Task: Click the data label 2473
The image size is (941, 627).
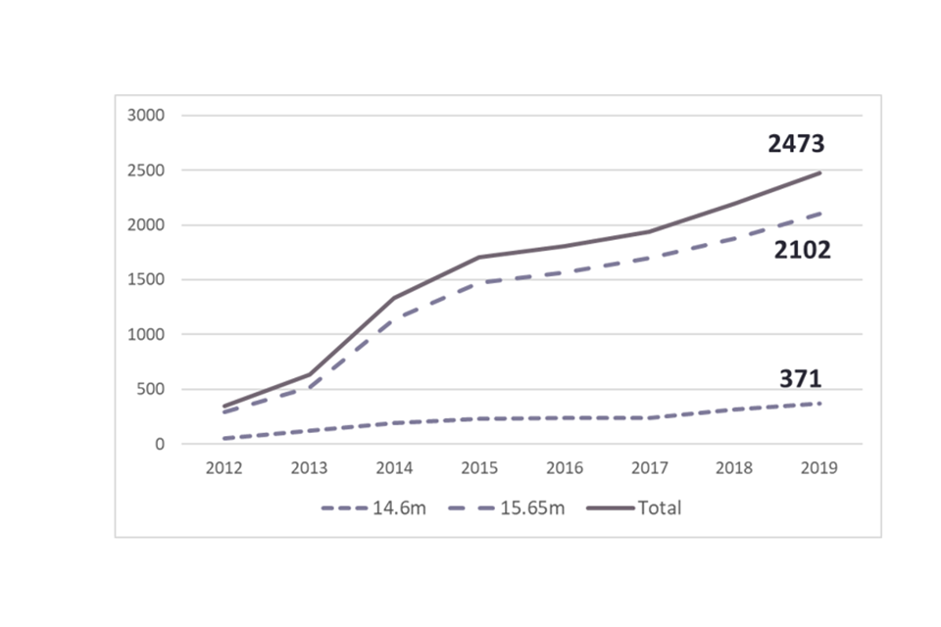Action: click(x=796, y=145)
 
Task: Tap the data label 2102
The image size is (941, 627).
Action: click(x=802, y=251)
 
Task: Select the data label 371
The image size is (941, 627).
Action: click(x=800, y=379)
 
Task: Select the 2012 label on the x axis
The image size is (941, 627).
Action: click(x=224, y=468)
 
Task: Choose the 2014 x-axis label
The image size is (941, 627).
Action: click(x=394, y=468)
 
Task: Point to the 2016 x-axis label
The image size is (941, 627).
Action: click(x=565, y=468)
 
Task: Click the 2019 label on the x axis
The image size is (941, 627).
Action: click(x=819, y=468)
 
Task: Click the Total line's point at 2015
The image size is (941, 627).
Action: click(x=479, y=258)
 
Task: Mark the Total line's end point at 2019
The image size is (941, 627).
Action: click(x=819, y=173)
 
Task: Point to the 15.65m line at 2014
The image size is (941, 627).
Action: click(x=394, y=320)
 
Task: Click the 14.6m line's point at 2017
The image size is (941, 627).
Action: click(x=649, y=418)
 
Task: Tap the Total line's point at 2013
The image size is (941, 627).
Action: click(x=310, y=374)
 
